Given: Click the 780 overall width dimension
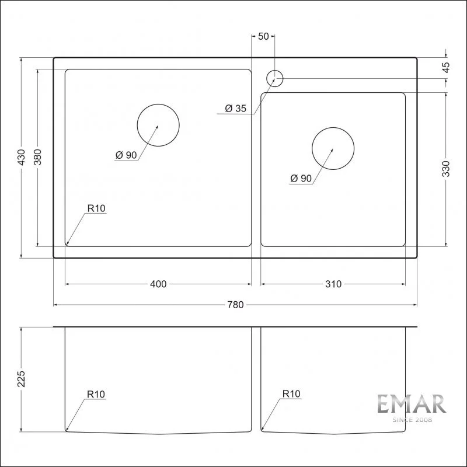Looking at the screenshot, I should pos(235,305).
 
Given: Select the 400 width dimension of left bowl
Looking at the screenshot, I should pos(158,284).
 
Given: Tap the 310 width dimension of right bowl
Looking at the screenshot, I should pos(333,284).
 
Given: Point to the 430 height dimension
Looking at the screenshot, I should pos(22,157).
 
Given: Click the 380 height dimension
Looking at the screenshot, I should pos(38,157).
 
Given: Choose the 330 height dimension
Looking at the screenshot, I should pos(446,168).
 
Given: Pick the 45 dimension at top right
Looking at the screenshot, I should pos(446,67).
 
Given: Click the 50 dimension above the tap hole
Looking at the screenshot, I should pos(263,36).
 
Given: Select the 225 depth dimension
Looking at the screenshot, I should pos(22,379).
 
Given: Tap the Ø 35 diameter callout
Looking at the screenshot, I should pos(236,108).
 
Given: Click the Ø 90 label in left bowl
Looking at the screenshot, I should pos(126,155).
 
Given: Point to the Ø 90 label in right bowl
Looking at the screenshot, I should pos(301,179).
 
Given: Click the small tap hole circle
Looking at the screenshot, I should pos(274,78).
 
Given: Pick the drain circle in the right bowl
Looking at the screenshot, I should pos(333,149).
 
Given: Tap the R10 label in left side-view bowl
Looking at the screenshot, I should pos(96,395).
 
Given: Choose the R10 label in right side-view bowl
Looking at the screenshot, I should pos(291,395).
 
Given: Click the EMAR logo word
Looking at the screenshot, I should pos(411,405).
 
